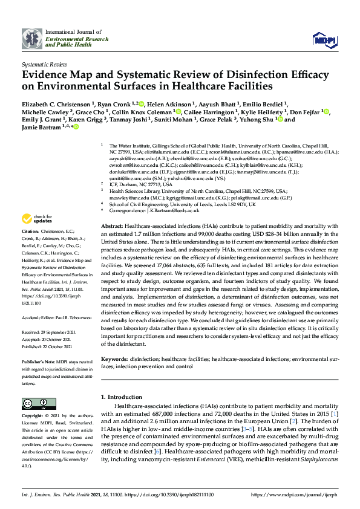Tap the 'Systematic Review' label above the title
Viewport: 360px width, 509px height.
pos(44,63)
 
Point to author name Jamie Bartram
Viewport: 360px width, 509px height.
pos(44,128)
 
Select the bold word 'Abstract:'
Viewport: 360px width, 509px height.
pos(111,225)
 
